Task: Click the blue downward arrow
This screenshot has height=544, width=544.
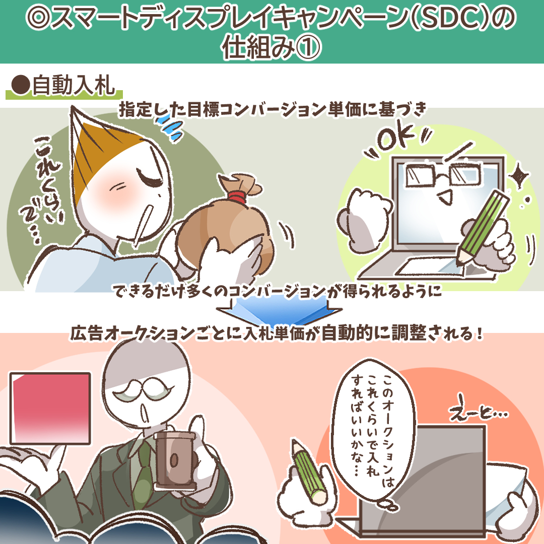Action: click(279, 310)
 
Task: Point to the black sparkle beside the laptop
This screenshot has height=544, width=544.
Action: click(519, 176)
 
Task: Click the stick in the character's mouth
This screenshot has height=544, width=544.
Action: click(143, 224)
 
